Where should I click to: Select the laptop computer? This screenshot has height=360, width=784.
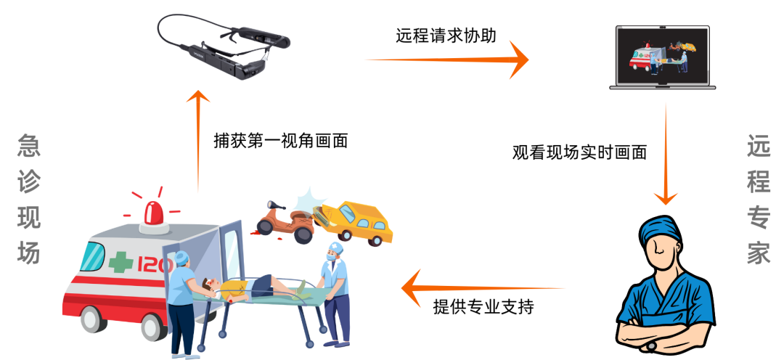pyautogui.click(x=662, y=57)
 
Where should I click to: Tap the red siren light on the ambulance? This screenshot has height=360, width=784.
pyautogui.click(x=153, y=212)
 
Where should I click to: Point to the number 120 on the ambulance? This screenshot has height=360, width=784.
pyautogui.click(x=150, y=263)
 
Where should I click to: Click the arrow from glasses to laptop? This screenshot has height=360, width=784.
pyautogui.click(x=446, y=60)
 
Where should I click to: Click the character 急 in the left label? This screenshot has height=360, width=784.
pyautogui.click(x=29, y=146)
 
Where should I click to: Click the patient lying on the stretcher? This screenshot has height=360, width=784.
pyautogui.click(x=247, y=287)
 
